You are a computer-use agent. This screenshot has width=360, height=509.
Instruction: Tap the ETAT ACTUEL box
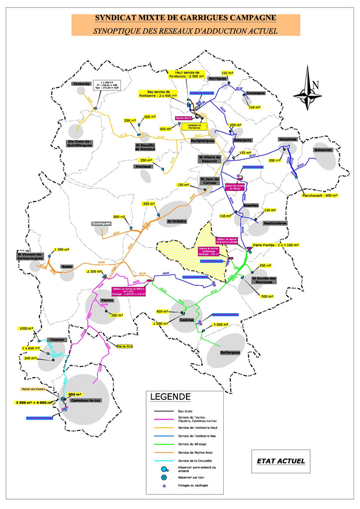pyautogui.click(x=280, y=461)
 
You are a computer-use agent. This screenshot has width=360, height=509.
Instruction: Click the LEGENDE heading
pyautogui.click(x=170, y=397)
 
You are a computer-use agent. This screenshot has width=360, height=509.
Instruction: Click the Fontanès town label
pyautogui.click(x=81, y=84)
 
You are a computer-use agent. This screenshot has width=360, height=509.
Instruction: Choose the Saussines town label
pyautogui.click(x=287, y=139)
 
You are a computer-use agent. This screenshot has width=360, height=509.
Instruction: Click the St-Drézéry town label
pyautogui.click(x=176, y=221)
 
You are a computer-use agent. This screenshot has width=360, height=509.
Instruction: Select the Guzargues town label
pyautogui.click(x=100, y=224)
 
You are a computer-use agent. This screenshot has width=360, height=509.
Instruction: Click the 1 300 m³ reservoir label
pyautogui.click(x=63, y=250)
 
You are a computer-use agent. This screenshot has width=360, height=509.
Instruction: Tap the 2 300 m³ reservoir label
pyautogui.click(x=93, y=271)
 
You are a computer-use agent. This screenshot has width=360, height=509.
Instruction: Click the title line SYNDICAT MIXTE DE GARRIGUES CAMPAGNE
pyautogui.click(x=186, y=19)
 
